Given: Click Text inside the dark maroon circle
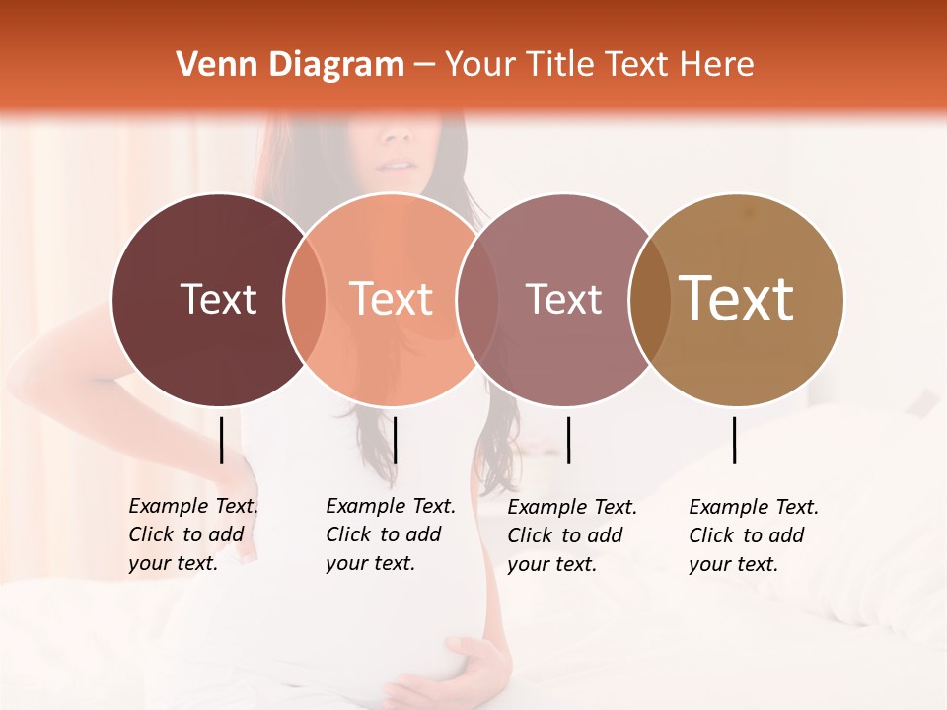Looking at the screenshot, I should [218, 299].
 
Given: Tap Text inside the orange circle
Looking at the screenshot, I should [392, 299].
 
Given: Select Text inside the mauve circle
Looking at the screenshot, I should [564, 299].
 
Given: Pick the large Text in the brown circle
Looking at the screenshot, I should [737, 299].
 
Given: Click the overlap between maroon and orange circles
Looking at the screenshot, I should [305, 300].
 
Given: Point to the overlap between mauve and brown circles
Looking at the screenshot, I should [650, 300].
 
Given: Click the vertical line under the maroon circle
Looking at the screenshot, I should [222, 440].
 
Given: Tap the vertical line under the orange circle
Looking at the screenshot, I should [395, 440].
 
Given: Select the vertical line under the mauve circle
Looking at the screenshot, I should [568, 440].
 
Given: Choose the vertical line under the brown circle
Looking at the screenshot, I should [735, 440].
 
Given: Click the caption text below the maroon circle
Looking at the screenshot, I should [192, 534].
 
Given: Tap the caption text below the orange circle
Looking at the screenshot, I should [390, 534].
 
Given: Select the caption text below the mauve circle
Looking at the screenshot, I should [571, 534].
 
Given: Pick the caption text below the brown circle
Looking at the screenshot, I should [753, 534].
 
